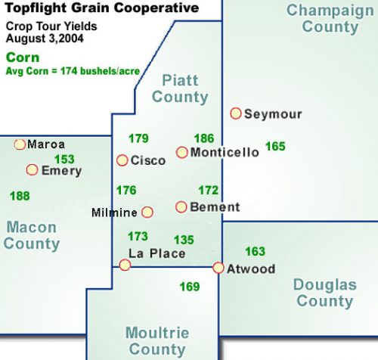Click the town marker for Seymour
pos(236,113)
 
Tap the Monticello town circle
pos(181,152)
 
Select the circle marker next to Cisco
pos(122,160)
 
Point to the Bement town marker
pos(181,206)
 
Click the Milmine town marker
pos(147,213)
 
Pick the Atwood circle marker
pos(218,268)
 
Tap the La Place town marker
pos(125,265)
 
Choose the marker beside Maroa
pos(20,144)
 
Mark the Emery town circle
pos(33,170)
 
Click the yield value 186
pos(204,138)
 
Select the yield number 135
pos(184,240)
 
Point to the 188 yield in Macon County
pos(20,196)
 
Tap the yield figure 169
pos(190,287)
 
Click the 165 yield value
pos(275,146)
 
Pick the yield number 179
pos(138,138)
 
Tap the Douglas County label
pos(325,293)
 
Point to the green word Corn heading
pos(20,57)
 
